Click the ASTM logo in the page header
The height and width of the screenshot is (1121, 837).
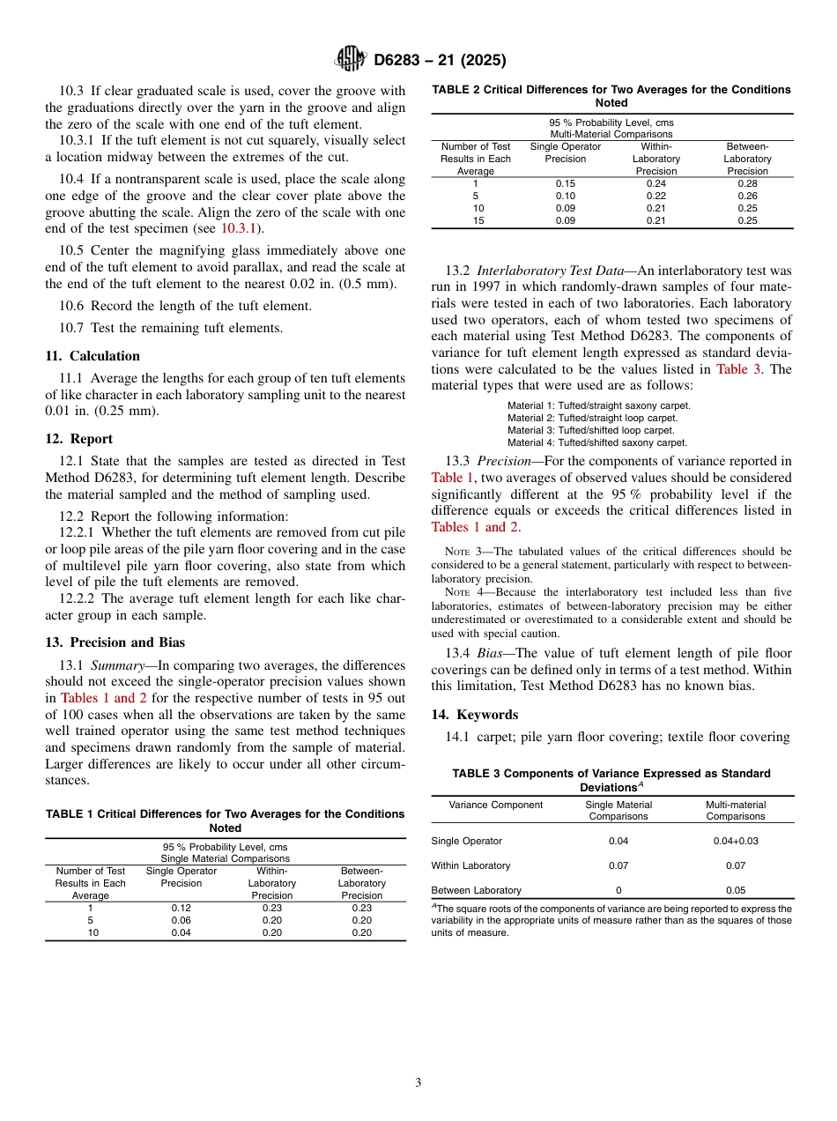click(351, 60)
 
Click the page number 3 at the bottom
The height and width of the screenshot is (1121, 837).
click(418, 1082)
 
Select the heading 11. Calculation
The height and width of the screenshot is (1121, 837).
click(93, 356)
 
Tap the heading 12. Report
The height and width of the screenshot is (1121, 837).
click(79, 439)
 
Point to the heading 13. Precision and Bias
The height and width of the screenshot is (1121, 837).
click(115, 642)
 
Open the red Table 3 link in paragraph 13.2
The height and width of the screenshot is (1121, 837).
click(739, 369)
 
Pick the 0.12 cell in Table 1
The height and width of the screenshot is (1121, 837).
click(181, 908)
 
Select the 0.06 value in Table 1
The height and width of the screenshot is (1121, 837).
click(181, 920)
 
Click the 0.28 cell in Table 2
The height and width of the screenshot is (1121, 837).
click(747, 183)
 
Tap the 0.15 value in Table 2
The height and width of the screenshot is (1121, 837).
click(566, 183)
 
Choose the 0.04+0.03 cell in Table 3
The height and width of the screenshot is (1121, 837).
click(736, 841)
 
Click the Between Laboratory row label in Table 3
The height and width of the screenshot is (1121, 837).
click(477, 890)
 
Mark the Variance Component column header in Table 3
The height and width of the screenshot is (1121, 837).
click(496, 805)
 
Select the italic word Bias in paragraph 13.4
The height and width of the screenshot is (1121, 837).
click(493, 653)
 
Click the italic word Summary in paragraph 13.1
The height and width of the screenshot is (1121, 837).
click(115, 665)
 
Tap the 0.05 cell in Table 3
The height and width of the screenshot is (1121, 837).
click(736, 890)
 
